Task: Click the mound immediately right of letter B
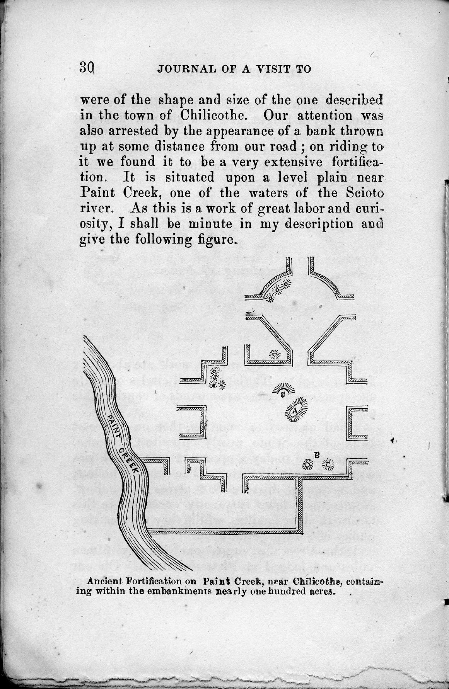tap(329, 464)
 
